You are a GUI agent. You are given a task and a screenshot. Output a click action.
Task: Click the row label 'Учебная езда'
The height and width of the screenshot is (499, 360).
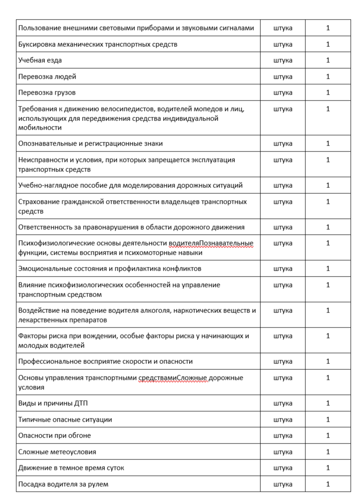coord(40,60)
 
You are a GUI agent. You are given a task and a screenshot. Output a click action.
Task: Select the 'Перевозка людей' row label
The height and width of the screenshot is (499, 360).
coord(47,76)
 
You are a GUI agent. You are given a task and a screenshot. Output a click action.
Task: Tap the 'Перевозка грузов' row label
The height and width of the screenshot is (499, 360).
coord(47,93)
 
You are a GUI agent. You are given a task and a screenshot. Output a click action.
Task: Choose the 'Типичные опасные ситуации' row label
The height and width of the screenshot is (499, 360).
coord(65,419)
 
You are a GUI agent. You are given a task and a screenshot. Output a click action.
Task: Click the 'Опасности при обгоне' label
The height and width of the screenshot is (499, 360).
coord(55,436)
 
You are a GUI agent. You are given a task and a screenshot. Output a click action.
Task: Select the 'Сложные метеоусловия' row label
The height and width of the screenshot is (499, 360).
coord(57,452)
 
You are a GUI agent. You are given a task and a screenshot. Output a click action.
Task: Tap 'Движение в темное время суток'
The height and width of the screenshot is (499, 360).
coord(71,468)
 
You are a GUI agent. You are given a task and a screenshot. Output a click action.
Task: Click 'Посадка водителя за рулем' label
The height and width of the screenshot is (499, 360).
coord(63,484)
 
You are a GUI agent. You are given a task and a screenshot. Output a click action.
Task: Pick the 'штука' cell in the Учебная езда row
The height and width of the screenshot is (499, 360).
coord(283,60)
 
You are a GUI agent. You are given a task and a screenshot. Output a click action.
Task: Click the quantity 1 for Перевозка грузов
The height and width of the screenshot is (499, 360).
coord(328,93)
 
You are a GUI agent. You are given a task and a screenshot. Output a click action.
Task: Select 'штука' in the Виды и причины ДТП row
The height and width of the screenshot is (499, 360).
coord(283,403)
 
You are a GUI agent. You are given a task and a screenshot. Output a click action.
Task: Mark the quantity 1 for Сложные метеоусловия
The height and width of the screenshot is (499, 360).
coord(328,452)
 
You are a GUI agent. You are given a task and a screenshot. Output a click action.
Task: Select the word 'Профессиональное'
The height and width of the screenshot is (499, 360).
coord(47,362)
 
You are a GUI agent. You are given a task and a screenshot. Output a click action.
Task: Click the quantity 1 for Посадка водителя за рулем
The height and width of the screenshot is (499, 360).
coord(328,484)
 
